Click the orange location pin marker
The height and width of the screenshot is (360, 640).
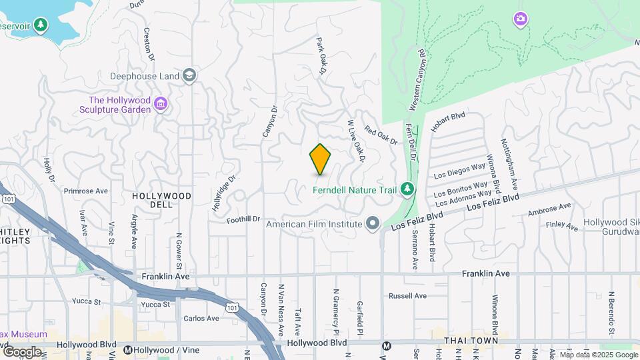(320, 159)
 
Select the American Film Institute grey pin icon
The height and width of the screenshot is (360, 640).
(372, 223)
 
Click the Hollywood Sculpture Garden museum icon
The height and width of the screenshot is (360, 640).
(160, 104)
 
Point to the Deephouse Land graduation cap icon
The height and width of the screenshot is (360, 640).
(189, 75)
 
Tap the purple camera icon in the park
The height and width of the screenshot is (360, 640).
(520, 19)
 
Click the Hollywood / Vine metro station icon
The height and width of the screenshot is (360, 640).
(127, 349)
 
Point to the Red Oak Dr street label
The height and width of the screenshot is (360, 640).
(381, 135)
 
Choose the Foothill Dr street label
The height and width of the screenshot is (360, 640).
(243, 219)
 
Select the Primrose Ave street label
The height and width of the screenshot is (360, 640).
(85, 191)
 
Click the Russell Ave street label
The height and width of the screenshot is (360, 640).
(407, 295)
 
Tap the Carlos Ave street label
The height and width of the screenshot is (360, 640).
(201, 318)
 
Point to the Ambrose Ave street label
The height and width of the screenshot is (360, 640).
(549, 210)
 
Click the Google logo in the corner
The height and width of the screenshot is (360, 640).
(21, 351)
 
